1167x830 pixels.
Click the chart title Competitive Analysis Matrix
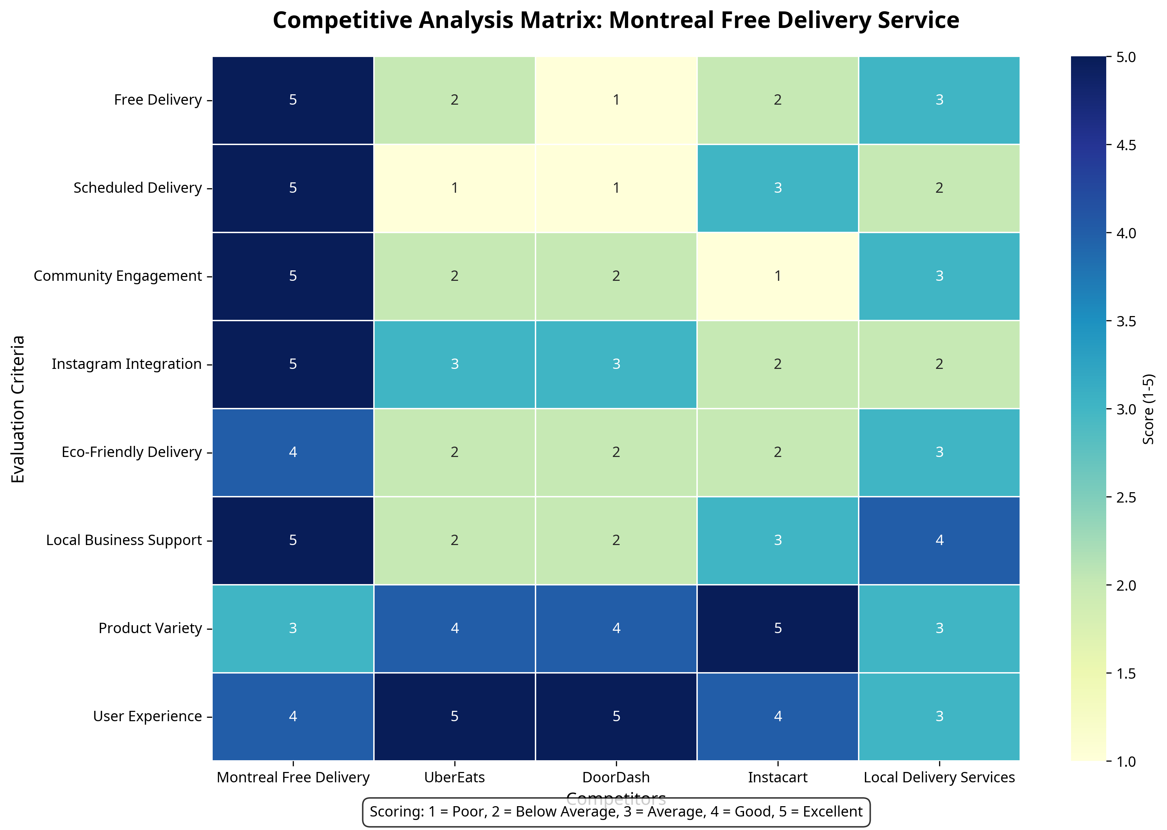(x=616, y=20)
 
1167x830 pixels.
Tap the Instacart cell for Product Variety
(x=777, y=628)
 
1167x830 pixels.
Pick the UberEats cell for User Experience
(x=454, y=716)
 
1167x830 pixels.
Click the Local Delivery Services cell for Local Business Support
(x=939, y=540)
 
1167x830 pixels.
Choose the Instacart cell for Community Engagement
(x=777, y=276)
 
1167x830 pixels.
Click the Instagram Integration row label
(x=127, y=364)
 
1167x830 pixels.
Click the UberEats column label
(x=454, y=777)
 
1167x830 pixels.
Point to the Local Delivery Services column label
(x=939, y=777)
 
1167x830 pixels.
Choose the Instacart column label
(x=777, y=777)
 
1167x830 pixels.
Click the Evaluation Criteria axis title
(x=18, y=409)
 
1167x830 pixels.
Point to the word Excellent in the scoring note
(x=832, y=812)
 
